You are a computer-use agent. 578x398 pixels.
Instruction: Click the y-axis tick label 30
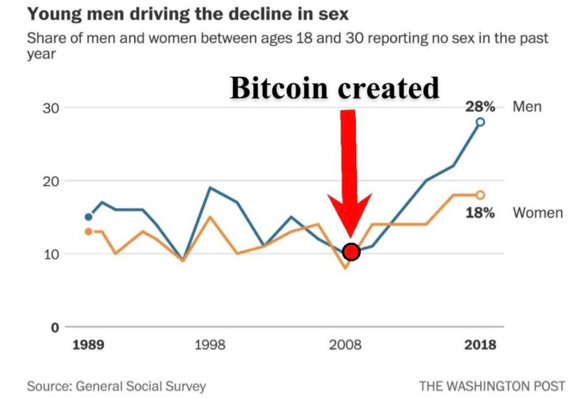[50, 108]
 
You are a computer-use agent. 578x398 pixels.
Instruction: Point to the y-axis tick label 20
[50, 181]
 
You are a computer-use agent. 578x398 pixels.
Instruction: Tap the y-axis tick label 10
[50, 254]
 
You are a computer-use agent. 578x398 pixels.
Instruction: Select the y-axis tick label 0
[55, 327]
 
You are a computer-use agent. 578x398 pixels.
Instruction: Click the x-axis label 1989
[88, 345]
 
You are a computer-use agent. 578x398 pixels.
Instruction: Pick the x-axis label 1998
[210, 345]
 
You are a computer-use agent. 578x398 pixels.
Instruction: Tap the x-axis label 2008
[345, 345]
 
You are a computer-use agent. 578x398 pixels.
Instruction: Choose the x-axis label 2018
[480, 345]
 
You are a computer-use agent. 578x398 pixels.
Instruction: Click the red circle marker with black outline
[351, 252]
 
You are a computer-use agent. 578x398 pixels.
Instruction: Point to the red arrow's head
[349, 214]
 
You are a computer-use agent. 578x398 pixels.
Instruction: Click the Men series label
[527, 107]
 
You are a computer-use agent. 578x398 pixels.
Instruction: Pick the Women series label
[538, 213]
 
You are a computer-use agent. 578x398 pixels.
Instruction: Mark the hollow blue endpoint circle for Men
[480, 122]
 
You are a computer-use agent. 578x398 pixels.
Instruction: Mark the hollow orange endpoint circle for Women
[480, 195]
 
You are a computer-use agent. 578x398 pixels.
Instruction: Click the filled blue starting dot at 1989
[88, 217]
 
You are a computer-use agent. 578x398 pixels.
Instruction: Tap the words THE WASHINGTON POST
[492, 386]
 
